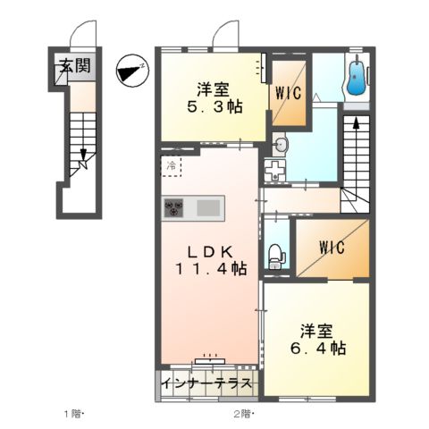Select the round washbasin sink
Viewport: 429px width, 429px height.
[280, 144]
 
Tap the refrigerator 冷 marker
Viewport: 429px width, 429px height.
[171, 165]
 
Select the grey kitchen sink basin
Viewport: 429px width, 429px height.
[207, 207]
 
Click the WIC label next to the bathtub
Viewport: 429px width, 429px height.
[289, 92]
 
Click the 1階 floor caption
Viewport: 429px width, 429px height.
[74, 414]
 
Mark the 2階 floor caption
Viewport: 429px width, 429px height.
[242, 414]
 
